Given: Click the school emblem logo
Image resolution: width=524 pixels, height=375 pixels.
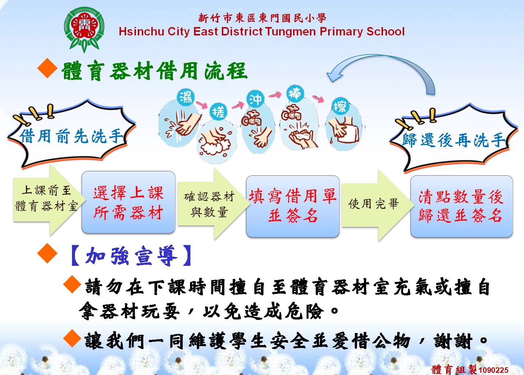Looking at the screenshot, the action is (x=84, y=30).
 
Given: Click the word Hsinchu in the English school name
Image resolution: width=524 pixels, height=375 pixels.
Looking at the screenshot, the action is (x=141, y=31).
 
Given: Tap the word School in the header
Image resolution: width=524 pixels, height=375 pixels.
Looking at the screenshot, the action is (x=386, y=31).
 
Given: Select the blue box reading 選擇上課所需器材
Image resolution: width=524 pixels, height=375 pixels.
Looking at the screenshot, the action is (x=128, y=202).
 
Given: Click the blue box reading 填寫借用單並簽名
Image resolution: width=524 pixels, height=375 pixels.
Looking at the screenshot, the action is (x=293, y=206).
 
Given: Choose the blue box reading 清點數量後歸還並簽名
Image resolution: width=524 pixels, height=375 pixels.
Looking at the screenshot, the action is (x=462, y=206).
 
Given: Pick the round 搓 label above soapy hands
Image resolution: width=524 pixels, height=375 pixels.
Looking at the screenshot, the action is (x=219, y=112).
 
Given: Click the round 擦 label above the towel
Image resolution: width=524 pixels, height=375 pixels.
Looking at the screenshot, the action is (x=340, y=107).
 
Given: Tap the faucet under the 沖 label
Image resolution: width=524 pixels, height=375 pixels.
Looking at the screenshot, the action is (x=251, y=118).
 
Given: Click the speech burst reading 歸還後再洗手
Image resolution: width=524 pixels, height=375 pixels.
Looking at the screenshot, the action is (x=454, y=139).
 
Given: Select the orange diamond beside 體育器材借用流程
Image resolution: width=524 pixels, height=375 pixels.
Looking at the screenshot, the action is (x=47, y=68).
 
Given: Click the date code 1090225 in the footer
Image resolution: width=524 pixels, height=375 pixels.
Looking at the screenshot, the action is (x=493, y=370).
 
